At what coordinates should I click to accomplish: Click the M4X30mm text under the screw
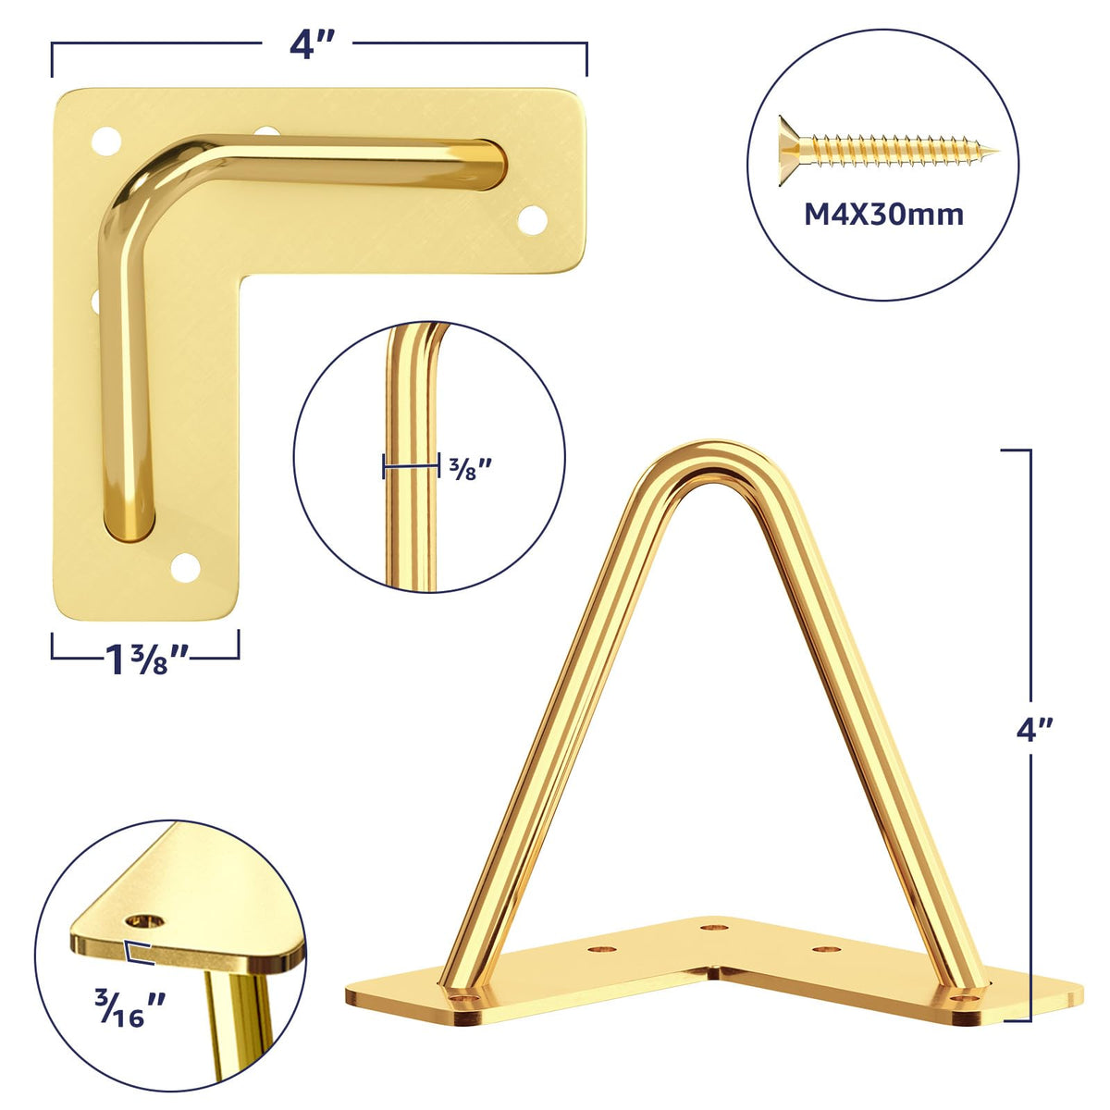point(883,215)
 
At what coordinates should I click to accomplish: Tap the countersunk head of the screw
point(792,151)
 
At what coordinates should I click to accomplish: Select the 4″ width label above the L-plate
point(312,45)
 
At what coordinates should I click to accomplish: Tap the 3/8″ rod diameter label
point(471,468)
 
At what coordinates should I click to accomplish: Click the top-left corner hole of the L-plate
point(106,142)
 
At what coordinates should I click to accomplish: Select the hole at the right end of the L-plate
point(532,219)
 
